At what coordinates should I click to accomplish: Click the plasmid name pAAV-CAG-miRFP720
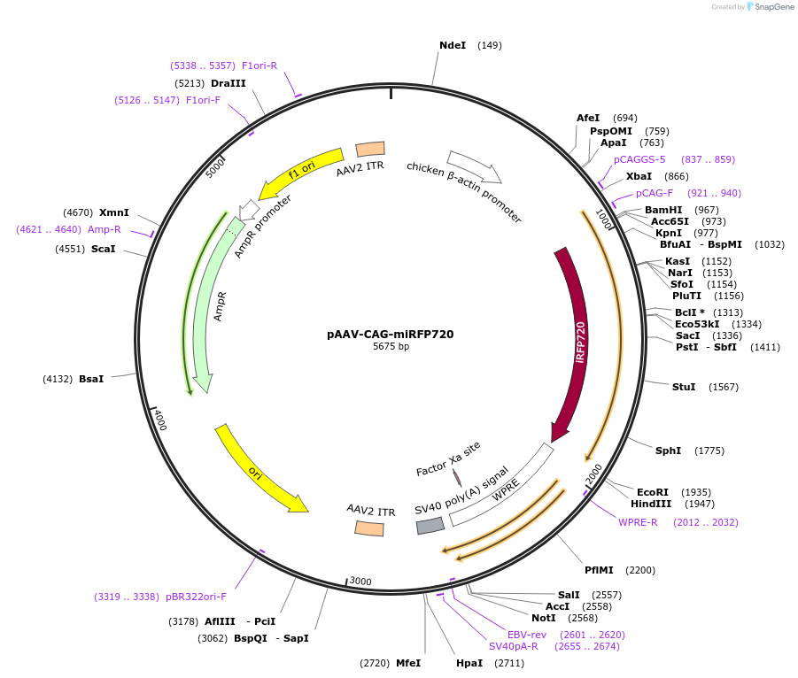(391, 335)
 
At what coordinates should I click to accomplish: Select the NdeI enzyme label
(452, 45)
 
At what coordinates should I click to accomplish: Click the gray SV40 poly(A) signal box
(430, 526)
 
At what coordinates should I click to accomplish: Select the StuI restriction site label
(684, 387)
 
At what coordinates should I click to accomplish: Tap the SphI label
(668, 451)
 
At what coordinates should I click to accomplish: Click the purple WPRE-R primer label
(638, 522)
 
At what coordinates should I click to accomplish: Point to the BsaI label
(91, 379)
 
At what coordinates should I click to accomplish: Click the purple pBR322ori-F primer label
(196, 597)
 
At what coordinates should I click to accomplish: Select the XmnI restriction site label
(114, 212)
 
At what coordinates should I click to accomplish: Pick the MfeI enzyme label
(408, 663)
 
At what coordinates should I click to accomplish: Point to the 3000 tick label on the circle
(360, 582)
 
